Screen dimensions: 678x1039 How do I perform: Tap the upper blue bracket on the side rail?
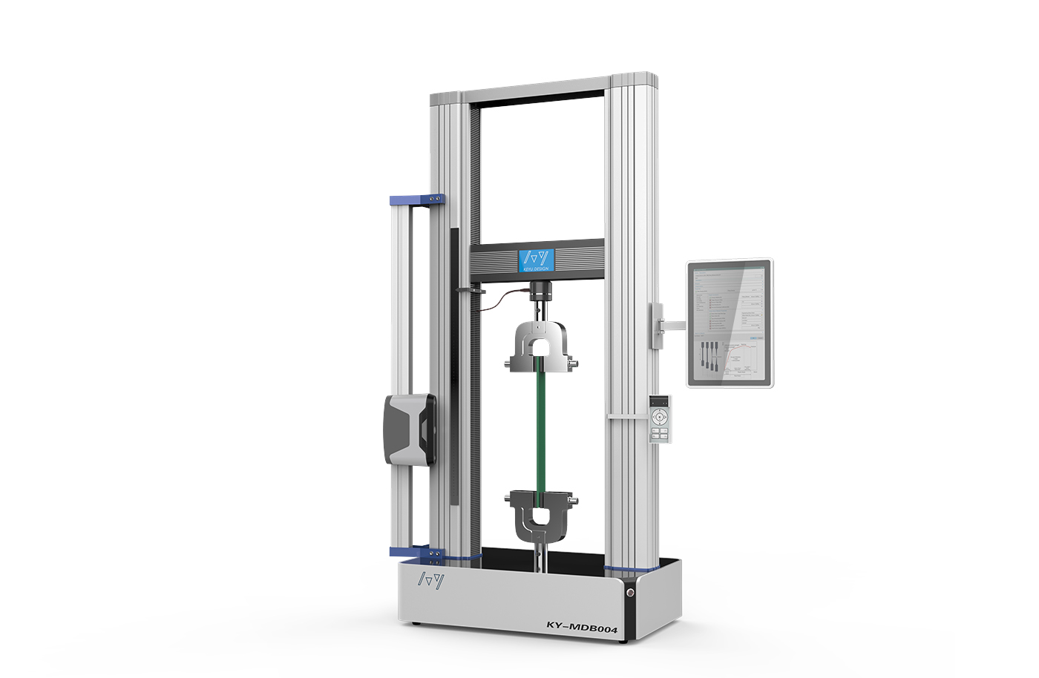click(416, 200)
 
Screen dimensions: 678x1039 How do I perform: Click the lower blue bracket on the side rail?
click(416, 552)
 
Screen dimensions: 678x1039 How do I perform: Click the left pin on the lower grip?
click(508, 497)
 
